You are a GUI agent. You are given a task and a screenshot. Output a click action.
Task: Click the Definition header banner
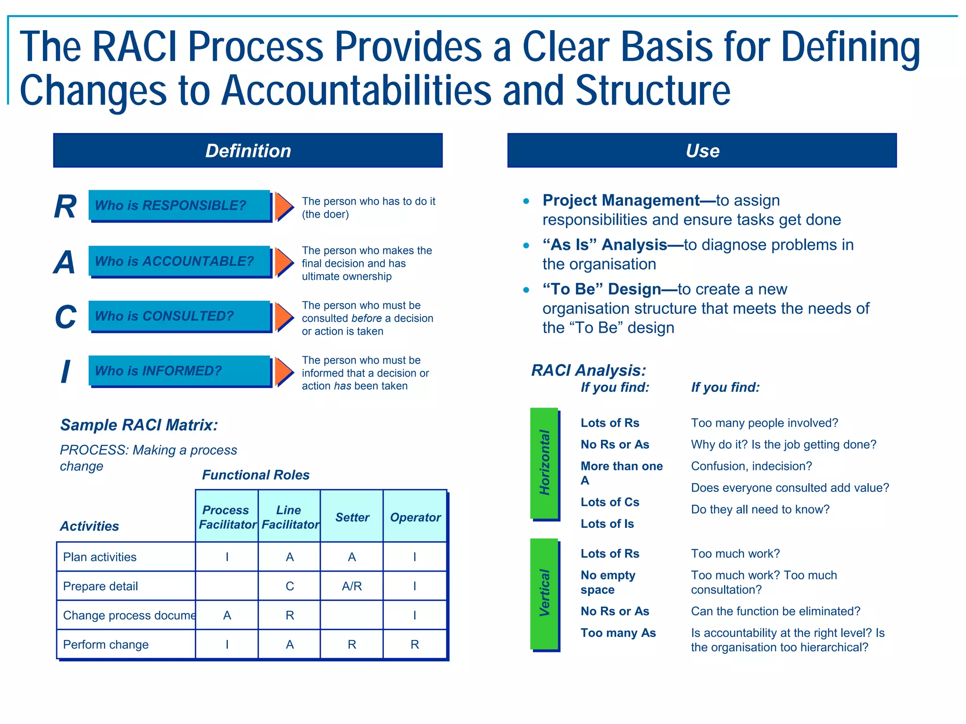tap(248, 150)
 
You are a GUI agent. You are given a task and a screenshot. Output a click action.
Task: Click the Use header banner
tap(702, 150)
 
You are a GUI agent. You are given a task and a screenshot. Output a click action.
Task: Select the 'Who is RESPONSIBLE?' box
tap(179, 206)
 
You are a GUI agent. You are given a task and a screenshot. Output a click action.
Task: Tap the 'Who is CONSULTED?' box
tap(179, 316)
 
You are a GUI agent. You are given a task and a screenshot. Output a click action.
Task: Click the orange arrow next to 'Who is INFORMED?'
tap(284, 371)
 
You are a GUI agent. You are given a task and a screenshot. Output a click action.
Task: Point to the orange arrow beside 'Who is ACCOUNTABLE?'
tap(284, 262)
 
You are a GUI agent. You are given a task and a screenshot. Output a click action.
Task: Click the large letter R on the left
tap(65, 206)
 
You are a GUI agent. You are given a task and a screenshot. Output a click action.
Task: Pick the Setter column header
tap(352, 517)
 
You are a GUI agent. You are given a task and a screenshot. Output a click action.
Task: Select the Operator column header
tap(415, 517)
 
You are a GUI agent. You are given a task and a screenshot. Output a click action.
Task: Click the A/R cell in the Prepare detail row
tap(352, 586)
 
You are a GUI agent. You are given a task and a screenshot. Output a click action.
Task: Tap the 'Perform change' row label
tap(106, 644)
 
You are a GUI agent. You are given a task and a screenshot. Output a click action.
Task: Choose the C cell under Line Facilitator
tap(290, 586)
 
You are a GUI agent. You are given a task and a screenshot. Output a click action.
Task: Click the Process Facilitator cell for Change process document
tap(227, 615)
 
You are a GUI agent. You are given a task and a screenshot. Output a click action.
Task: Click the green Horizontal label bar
tap(544, 463)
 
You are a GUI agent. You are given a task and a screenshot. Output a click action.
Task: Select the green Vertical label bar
tap(544, 593)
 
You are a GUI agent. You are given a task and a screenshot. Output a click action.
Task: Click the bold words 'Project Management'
tap(621, 200)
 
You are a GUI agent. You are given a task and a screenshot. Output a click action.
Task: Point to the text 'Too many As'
tap(618, 633)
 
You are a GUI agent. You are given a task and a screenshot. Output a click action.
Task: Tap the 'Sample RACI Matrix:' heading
tap(139, 425)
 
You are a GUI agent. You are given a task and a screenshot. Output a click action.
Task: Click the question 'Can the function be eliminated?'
tap(775, 611)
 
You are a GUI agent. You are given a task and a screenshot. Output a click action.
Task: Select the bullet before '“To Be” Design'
tap(526, 289)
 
